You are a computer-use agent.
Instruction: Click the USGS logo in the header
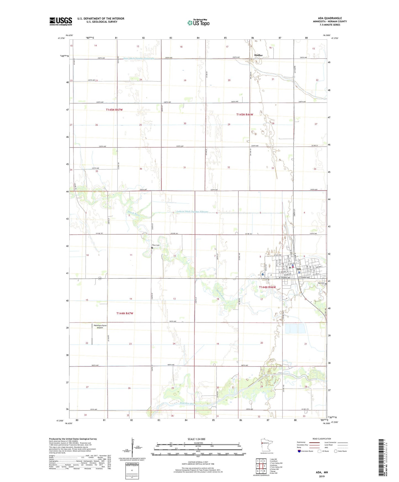[61, 21]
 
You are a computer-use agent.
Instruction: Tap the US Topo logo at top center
[198, 22]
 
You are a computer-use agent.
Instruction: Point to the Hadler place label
[258, 55]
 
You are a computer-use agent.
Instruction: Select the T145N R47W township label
[114, 110]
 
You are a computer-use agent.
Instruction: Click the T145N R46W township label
[244, 115]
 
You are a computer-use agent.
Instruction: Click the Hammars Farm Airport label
[100, 327]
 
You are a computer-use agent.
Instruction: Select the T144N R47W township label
[125, 313]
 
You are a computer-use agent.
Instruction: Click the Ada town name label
[298, 269]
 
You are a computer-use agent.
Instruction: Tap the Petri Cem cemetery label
[156, 245]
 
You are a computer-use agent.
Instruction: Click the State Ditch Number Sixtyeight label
[139, 58]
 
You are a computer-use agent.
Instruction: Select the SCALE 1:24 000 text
[196, 439]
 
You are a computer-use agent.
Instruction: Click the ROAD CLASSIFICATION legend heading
[322, 439]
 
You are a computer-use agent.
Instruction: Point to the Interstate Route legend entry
[305, 451]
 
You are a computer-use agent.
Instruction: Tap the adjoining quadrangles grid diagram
[261, 466]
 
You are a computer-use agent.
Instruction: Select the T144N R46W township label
[267, 287]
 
